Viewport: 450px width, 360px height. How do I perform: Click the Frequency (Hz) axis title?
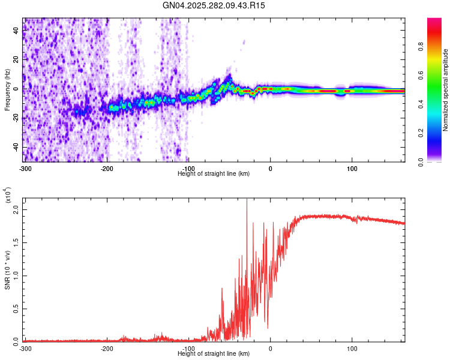click(7, 90)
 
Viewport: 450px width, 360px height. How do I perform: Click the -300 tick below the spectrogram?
click(25, 168)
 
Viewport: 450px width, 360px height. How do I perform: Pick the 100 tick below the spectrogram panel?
click(352, 168)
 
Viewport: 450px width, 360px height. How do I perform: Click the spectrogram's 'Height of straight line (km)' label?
click(214, 173)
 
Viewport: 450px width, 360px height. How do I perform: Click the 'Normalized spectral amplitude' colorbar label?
click(446, 90)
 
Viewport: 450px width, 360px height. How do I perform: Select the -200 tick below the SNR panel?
click(107, 348)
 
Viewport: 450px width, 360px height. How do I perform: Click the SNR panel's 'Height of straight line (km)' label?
click(214, 353)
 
